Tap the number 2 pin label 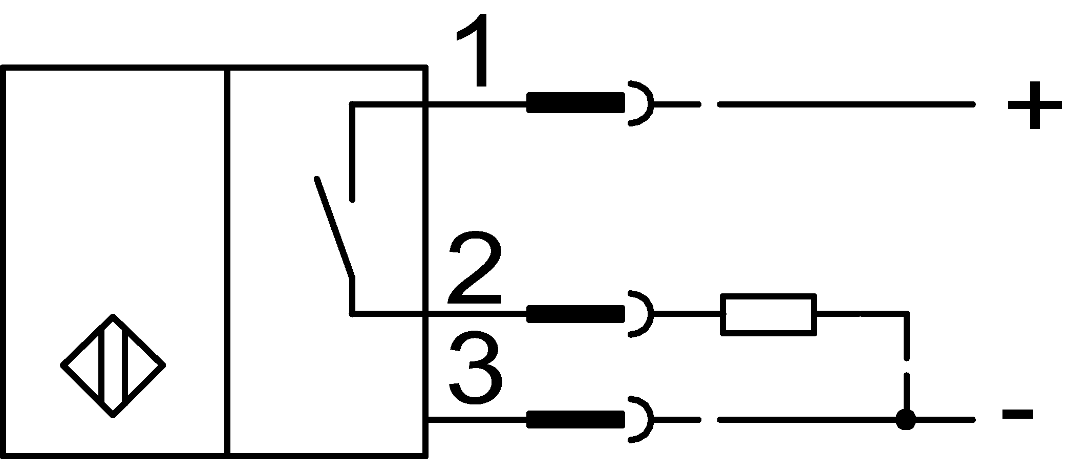coord(474,271)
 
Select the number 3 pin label coord(474,367)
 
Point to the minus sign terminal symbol coord(1017,414)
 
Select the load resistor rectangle coord(768,314)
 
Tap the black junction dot coord(906,420)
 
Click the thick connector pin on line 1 coord(575,102)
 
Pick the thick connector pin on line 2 coord(575,313)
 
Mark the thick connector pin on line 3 coord(575,419)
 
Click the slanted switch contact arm coord(334,228)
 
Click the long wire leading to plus coord(845,104)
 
